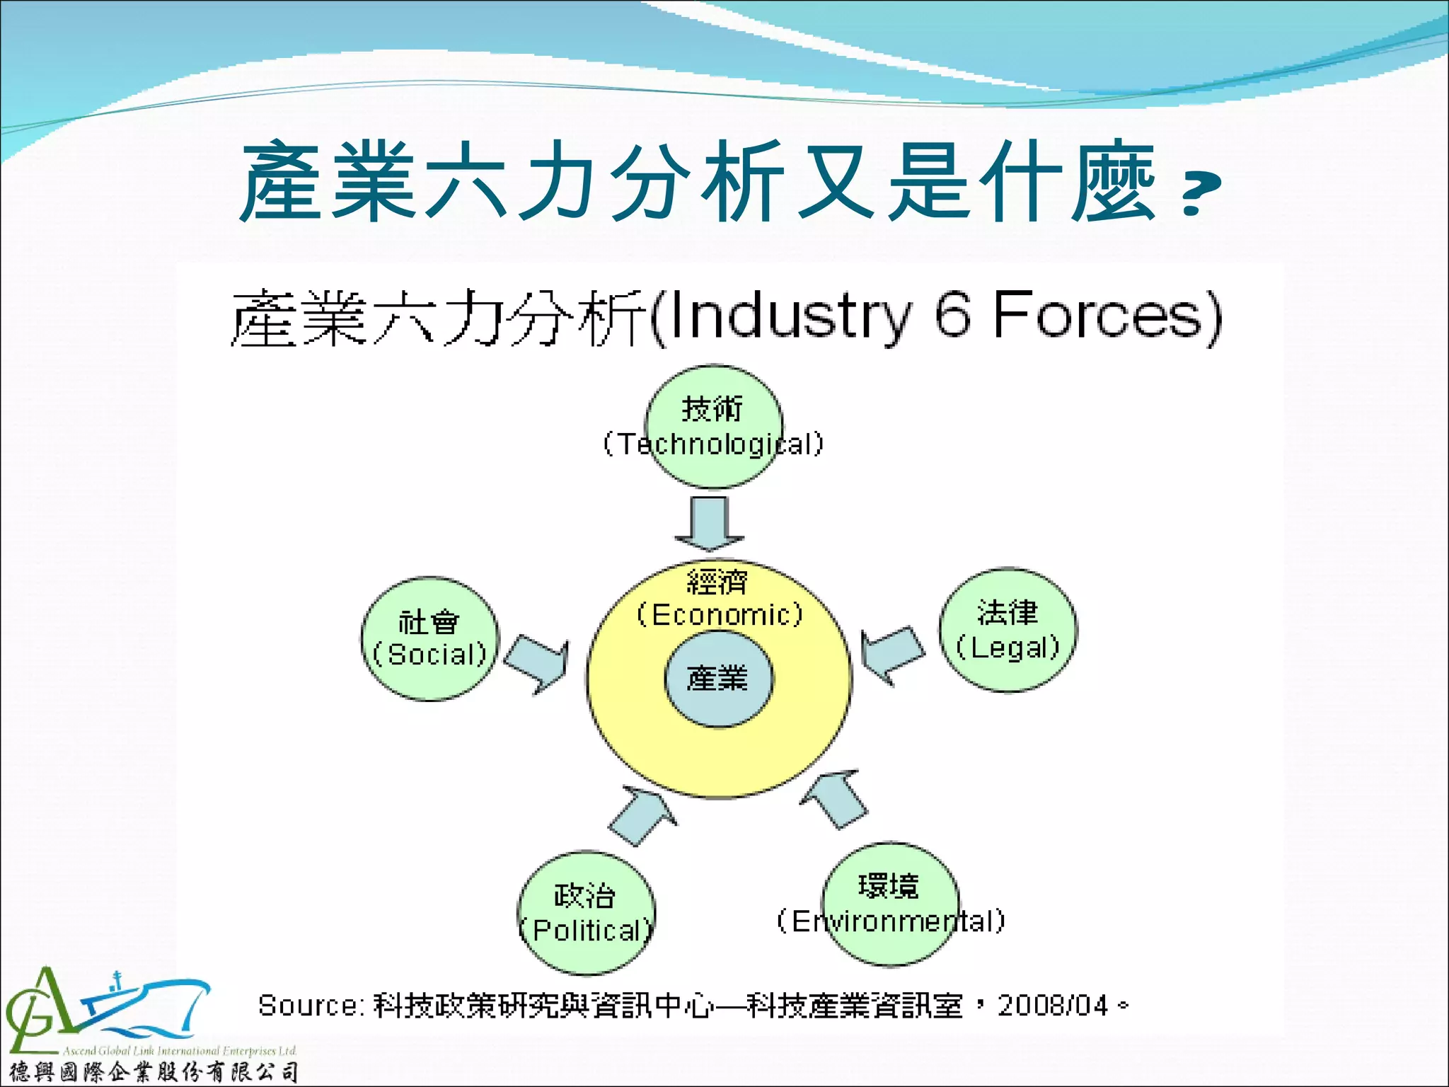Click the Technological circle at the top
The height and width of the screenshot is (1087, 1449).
pos(714,426)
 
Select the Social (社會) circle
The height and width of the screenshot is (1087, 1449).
pos(429,638)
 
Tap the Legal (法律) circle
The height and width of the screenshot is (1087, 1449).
pos(1008,629)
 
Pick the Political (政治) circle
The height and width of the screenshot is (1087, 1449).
pos(587,913)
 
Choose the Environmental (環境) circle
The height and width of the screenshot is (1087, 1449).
pos(890,904)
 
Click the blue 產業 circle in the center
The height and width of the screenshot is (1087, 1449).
pos(718,679)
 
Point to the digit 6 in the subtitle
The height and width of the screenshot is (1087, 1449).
pos(952,316)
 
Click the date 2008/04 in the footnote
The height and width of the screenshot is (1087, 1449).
pos(1052,1006)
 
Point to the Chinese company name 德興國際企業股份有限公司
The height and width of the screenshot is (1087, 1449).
pos(153,1072)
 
